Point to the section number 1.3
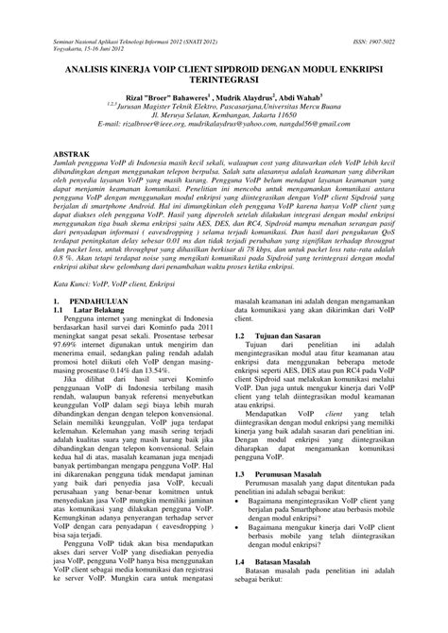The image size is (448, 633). tap(240, 553)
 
